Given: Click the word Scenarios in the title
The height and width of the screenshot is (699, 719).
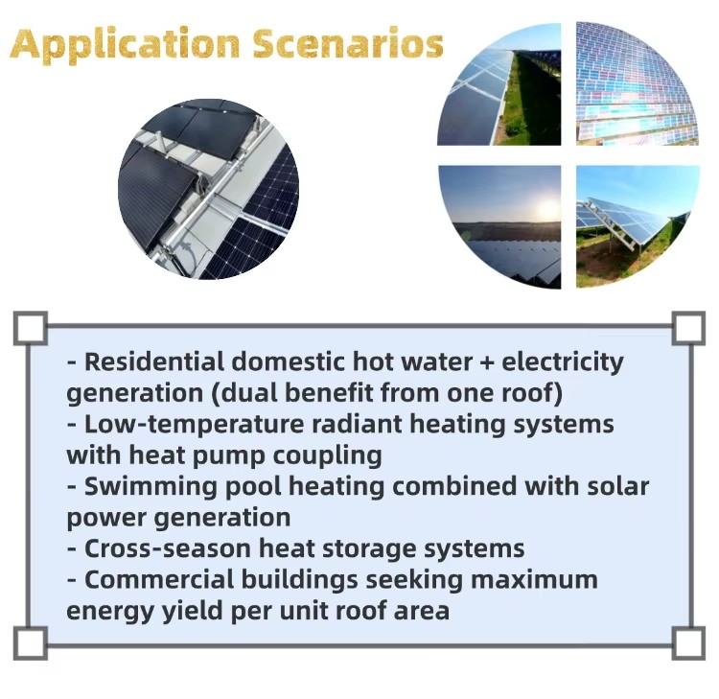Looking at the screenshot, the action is [348, 42].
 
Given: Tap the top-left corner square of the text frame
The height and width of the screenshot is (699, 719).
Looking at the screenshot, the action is [31, 328].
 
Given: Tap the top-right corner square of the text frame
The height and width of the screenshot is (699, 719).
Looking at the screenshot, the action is [688, 328].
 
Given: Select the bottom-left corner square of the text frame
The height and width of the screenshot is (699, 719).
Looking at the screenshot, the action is [31, 643].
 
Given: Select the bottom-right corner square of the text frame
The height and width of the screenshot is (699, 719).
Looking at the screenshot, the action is [688, 643].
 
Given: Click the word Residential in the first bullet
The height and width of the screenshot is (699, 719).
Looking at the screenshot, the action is [153, 361].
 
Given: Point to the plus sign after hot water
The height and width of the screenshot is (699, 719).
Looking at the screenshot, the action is [487, 362].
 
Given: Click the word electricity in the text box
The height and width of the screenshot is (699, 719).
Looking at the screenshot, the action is [563, 362].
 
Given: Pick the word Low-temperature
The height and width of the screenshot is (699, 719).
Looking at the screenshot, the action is [194, 424].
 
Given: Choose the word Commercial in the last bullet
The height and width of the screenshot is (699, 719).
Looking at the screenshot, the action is [159, 579].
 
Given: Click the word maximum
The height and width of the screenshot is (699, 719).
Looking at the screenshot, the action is [534, 580].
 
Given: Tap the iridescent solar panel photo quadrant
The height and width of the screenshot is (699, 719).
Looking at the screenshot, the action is [637, 83].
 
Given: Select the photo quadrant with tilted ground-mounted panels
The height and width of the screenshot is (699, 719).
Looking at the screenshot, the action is [638, 226].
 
